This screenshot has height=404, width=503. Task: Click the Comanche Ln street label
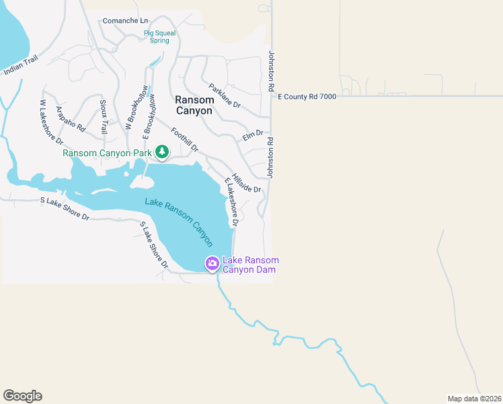pyautogui.click(x=125, y=21)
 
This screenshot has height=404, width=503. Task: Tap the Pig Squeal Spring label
pyautogui.click(x=159, y=36)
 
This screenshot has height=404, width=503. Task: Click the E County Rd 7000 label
pyautogui.click(x=307, y=96)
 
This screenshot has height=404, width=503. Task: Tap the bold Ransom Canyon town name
pyautogui.click(x=194, y=105)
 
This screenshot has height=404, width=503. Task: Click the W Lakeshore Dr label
pyautogui.click(x=50, y=123)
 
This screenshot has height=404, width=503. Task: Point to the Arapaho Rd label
pyautogui.click(x=71, y=119)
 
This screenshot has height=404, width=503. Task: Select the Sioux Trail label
pyautogui.click(x=104, y=116)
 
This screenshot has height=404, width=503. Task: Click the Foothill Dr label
pyautogui.click(x=185, y=139)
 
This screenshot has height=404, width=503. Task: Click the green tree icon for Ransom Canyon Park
pyautogui.click(x=162, y=153)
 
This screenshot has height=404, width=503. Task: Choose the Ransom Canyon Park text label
pyautogui.click(x=108, y=153)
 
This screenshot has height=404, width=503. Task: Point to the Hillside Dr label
pyautogui.click(x=246, y=180)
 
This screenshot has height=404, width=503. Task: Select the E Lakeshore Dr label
pyautogui.click(x=232, y=201)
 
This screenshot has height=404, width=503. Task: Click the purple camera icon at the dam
pyautogui.click(x=212, y=264)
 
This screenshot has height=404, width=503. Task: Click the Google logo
pyautogui.click(x=22, y=396)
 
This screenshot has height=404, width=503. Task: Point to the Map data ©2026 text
pyautogui.click(x=474, y=399)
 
